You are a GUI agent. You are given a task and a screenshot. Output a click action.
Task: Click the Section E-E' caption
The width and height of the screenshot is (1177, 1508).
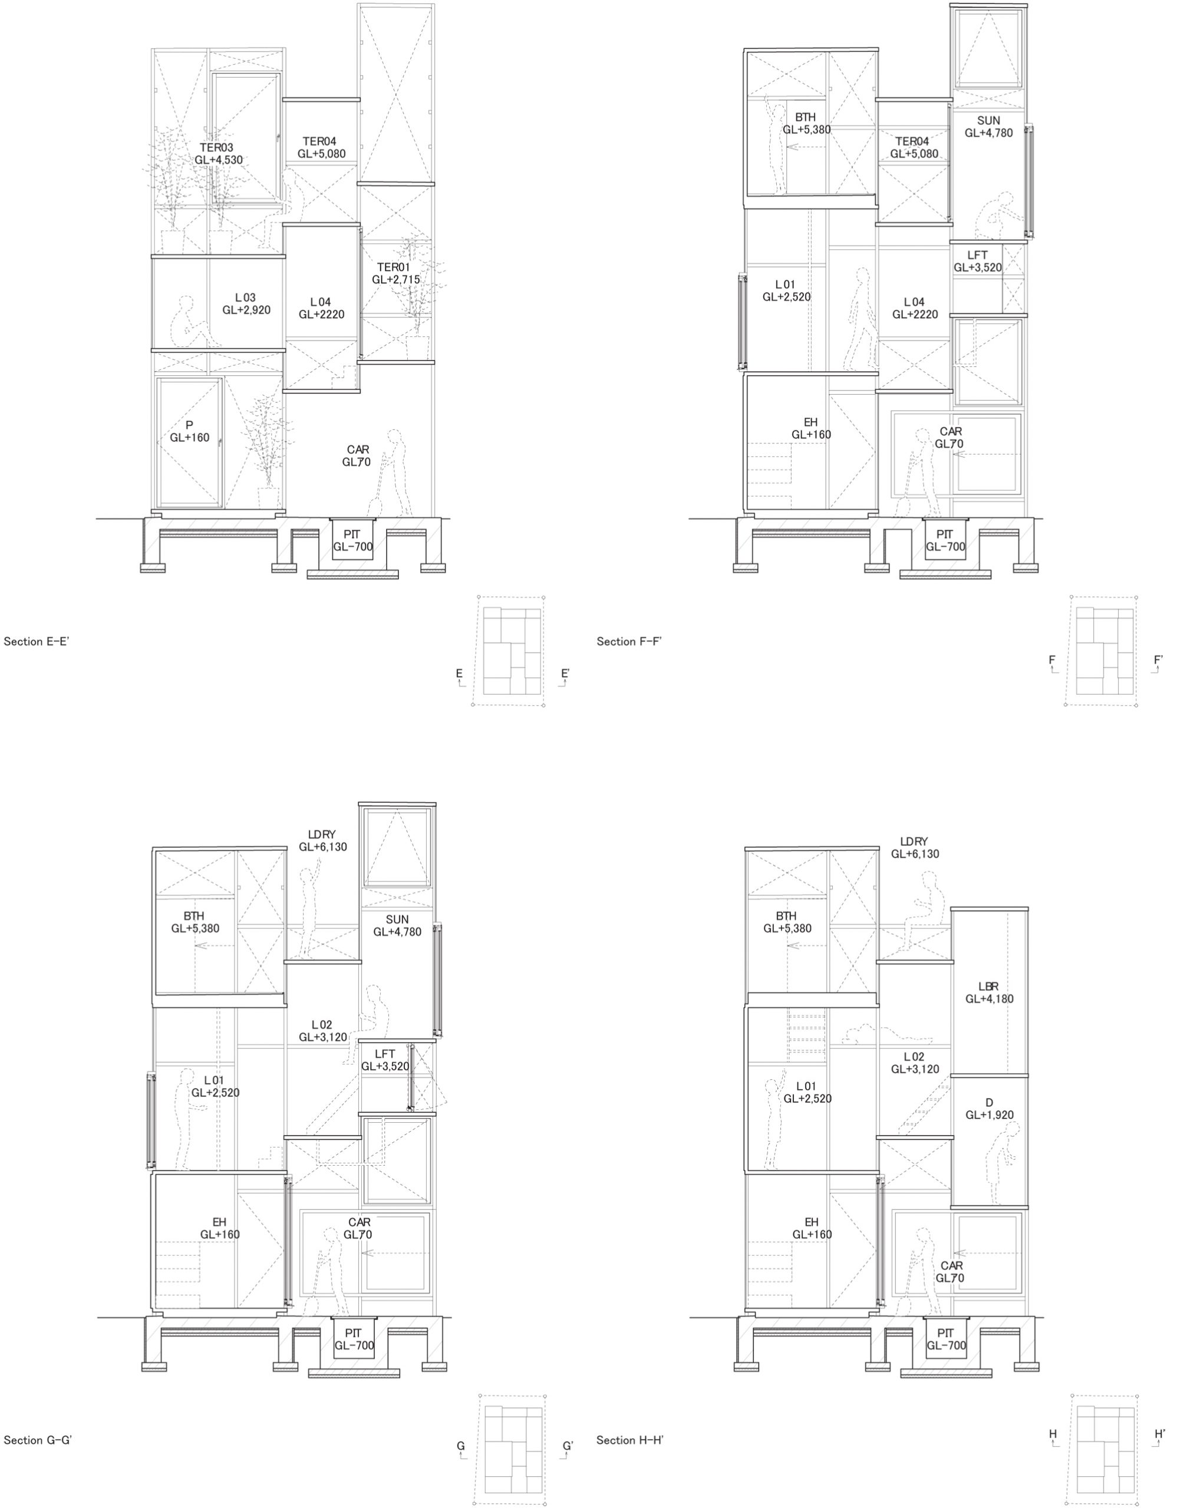click(x=37, y=641)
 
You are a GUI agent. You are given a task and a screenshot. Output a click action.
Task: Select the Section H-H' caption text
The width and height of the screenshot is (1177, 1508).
click(x=630, y=1440)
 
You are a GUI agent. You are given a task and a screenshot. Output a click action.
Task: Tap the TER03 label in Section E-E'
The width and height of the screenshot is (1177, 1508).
click(x=217, y=147)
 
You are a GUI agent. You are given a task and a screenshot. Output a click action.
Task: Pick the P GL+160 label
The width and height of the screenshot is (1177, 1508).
click(x=189, y=431)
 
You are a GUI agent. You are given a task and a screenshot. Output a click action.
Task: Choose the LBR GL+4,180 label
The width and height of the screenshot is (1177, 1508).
click(x=990, y=992)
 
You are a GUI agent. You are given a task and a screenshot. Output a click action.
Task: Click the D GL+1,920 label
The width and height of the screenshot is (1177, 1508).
click(x=990, y=1108)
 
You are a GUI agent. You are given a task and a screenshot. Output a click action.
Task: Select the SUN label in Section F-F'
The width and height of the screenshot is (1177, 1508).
click(x=988, y=120)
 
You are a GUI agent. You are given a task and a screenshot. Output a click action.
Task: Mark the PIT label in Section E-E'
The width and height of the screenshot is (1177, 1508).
click(x=352, y=534)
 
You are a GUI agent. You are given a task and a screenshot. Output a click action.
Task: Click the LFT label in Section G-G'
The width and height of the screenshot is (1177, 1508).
click(x=385, y=1054)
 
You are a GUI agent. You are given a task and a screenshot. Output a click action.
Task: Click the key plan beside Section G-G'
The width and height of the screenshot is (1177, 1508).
click(x=513, y=1450)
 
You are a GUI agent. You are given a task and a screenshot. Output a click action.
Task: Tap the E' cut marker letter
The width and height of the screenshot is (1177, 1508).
click(x=565, y=673)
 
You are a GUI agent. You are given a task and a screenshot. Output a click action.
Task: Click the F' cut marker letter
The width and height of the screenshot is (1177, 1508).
click(x=1158, y=660)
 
